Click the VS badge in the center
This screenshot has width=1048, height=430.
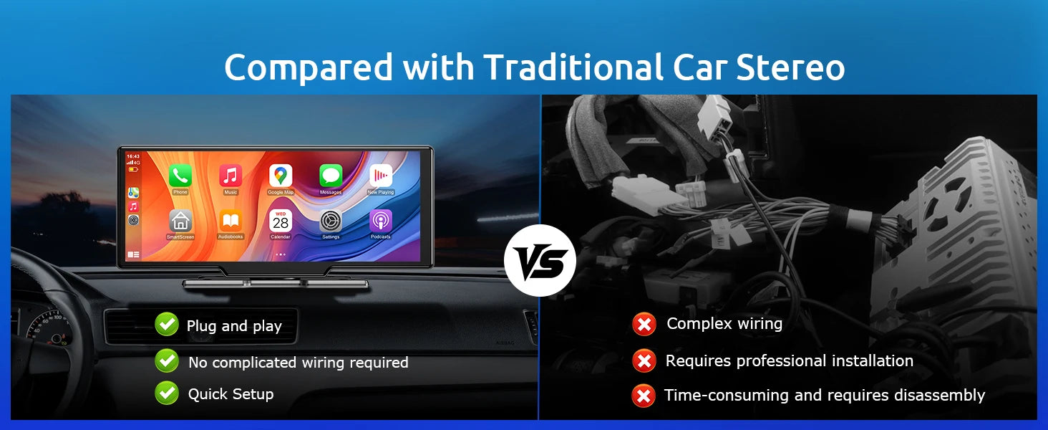pyautogui.click(x=540, y=261)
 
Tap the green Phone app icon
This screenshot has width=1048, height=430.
pyautogui.click(x=180, y=176)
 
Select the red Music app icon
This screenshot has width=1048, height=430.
pyautogui.click(x=231, y=176)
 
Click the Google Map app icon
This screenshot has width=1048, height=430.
pyautogui.click(x=281, y=176)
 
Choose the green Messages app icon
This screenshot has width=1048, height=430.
pyautogui.click(x=331, y=176)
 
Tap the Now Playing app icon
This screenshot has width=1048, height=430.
pyautogui.click(x=381, y=176)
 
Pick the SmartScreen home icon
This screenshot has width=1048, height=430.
pyautogui.click(x=180, y=221)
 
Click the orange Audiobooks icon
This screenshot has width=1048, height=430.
pyautogui.click(x=231, y=221)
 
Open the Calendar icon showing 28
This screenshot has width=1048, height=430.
pyautogui.click(x=281, y=221)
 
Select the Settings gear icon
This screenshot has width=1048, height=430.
pyautogui.click(x=331, y=221)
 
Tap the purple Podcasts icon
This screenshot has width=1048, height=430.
pyautogui.click(x=381, y=221)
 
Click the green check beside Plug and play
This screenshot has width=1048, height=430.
pyautogui.click(x=167, y=325)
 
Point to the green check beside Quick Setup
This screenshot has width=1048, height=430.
pyautogui.click(x=167, y=393)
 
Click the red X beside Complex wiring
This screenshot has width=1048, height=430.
pyautogui.click(x=644, y=325)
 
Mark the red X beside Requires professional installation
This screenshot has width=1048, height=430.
pyautogui.click(x=644, y=361)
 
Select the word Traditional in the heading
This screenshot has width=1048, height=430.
pyautogui.click(x=573, y=68)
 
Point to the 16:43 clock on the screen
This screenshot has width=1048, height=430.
pyautogui.click(x=133, y=156)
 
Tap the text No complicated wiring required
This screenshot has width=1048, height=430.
pyautogui.click(x=298, y=363)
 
